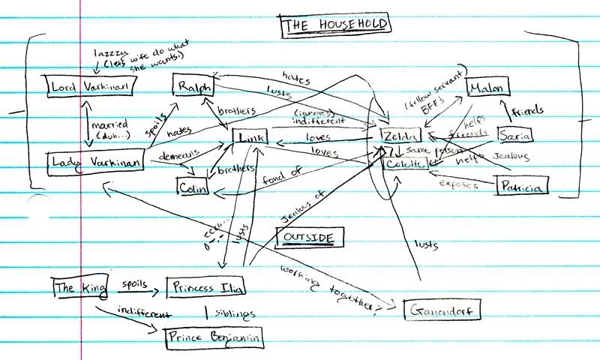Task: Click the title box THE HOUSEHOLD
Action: tap(334, 26)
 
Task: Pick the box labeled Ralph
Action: tap(193, 87)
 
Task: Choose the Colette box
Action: tap(406, 163)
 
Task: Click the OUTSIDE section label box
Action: tap(309, 238)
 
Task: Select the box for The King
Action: tap(75, 287)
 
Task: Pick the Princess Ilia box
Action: tap(206, 286)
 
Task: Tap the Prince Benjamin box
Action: tap(215, 337)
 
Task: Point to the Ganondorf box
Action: tap(440, 309)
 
